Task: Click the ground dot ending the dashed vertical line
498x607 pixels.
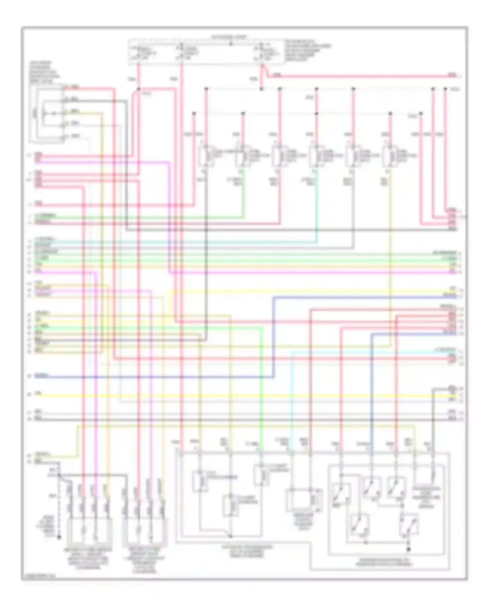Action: pos(59,537)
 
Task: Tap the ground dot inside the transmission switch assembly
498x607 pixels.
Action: pos(409,550)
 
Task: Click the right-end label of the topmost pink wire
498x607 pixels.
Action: pos(452,75)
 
